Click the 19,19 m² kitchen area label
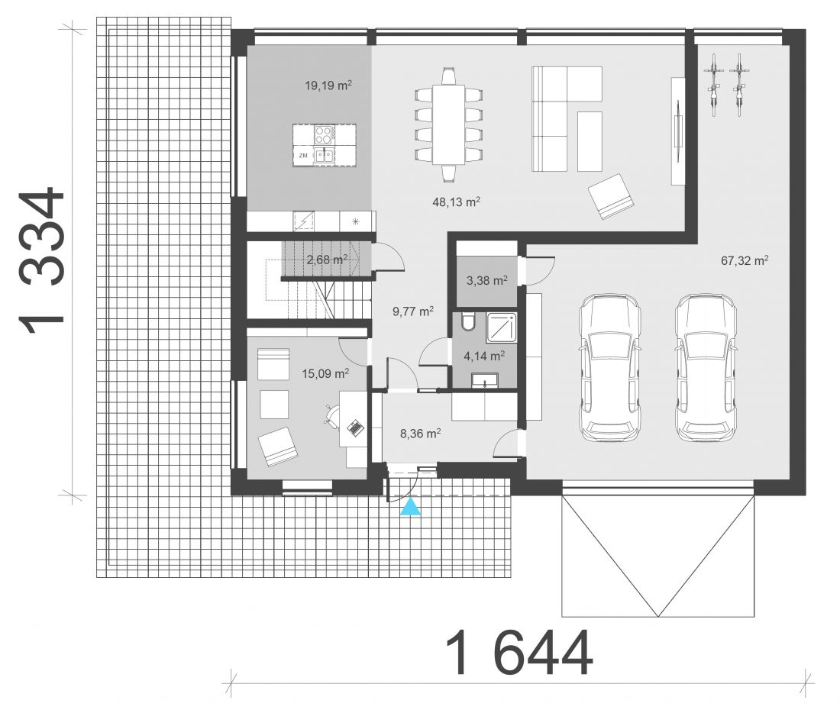coord(328,85)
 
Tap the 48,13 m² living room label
coord(456,202)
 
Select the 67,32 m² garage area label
coord(745,261)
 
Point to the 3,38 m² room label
coord(487,280)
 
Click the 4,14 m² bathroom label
coord(483,356)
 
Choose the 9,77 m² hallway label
coord(413,311)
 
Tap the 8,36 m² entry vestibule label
coord(421,434)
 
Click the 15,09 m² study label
coord(326,373)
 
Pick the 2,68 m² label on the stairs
coord(327,260)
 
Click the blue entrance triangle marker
coord(411,508)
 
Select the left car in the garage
coord(609,367)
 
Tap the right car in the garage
coord(706,367)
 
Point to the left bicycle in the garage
coord(713,85)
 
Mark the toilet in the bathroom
coord(467,321)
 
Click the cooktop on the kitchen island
coord(325,134)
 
